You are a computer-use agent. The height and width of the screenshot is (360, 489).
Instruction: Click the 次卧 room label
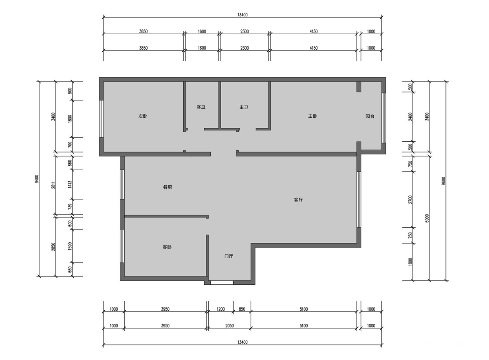(x=143, y=116)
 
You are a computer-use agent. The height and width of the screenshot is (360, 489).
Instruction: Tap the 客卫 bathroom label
(x=201, y=107)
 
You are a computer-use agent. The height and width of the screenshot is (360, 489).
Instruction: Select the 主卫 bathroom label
(x=244, y=107)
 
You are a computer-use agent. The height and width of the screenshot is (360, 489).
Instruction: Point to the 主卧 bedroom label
(x=313, y=116)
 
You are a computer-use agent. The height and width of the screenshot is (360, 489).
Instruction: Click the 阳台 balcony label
(x=370, y=116)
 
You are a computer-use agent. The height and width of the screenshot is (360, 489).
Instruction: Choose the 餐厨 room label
(x=167, y=187)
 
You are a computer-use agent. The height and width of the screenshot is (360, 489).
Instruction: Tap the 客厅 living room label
(x=298, y=200)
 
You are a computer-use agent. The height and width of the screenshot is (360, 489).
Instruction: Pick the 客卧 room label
(x=167, y=247)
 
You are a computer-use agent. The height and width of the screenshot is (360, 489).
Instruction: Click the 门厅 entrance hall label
(x=229, y=256)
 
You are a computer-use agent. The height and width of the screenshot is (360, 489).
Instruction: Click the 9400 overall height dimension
(x=37, y=179)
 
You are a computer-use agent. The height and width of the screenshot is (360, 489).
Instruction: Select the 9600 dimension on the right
(x=443, y=181)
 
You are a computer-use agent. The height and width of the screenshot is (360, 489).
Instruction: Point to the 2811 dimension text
(x=53, y=185)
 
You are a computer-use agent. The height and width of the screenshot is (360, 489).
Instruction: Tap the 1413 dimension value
(x=70, y=184)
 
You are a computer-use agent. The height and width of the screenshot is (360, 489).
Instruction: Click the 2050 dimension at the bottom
(x=229, y=326)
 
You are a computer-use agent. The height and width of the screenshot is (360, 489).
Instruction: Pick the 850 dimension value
(x=242, y=309)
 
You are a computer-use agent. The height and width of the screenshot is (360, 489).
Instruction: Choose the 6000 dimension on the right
(x=427, y=218)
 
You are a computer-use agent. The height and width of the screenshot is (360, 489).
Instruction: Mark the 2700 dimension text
(x=410, y=200)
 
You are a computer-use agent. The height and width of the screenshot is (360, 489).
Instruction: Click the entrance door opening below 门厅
(x=222, y=283)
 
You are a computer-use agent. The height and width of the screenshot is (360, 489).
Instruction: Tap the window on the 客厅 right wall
(x=359, y=200)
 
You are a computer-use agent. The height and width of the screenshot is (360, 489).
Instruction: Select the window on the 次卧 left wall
(x=101, y=119)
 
